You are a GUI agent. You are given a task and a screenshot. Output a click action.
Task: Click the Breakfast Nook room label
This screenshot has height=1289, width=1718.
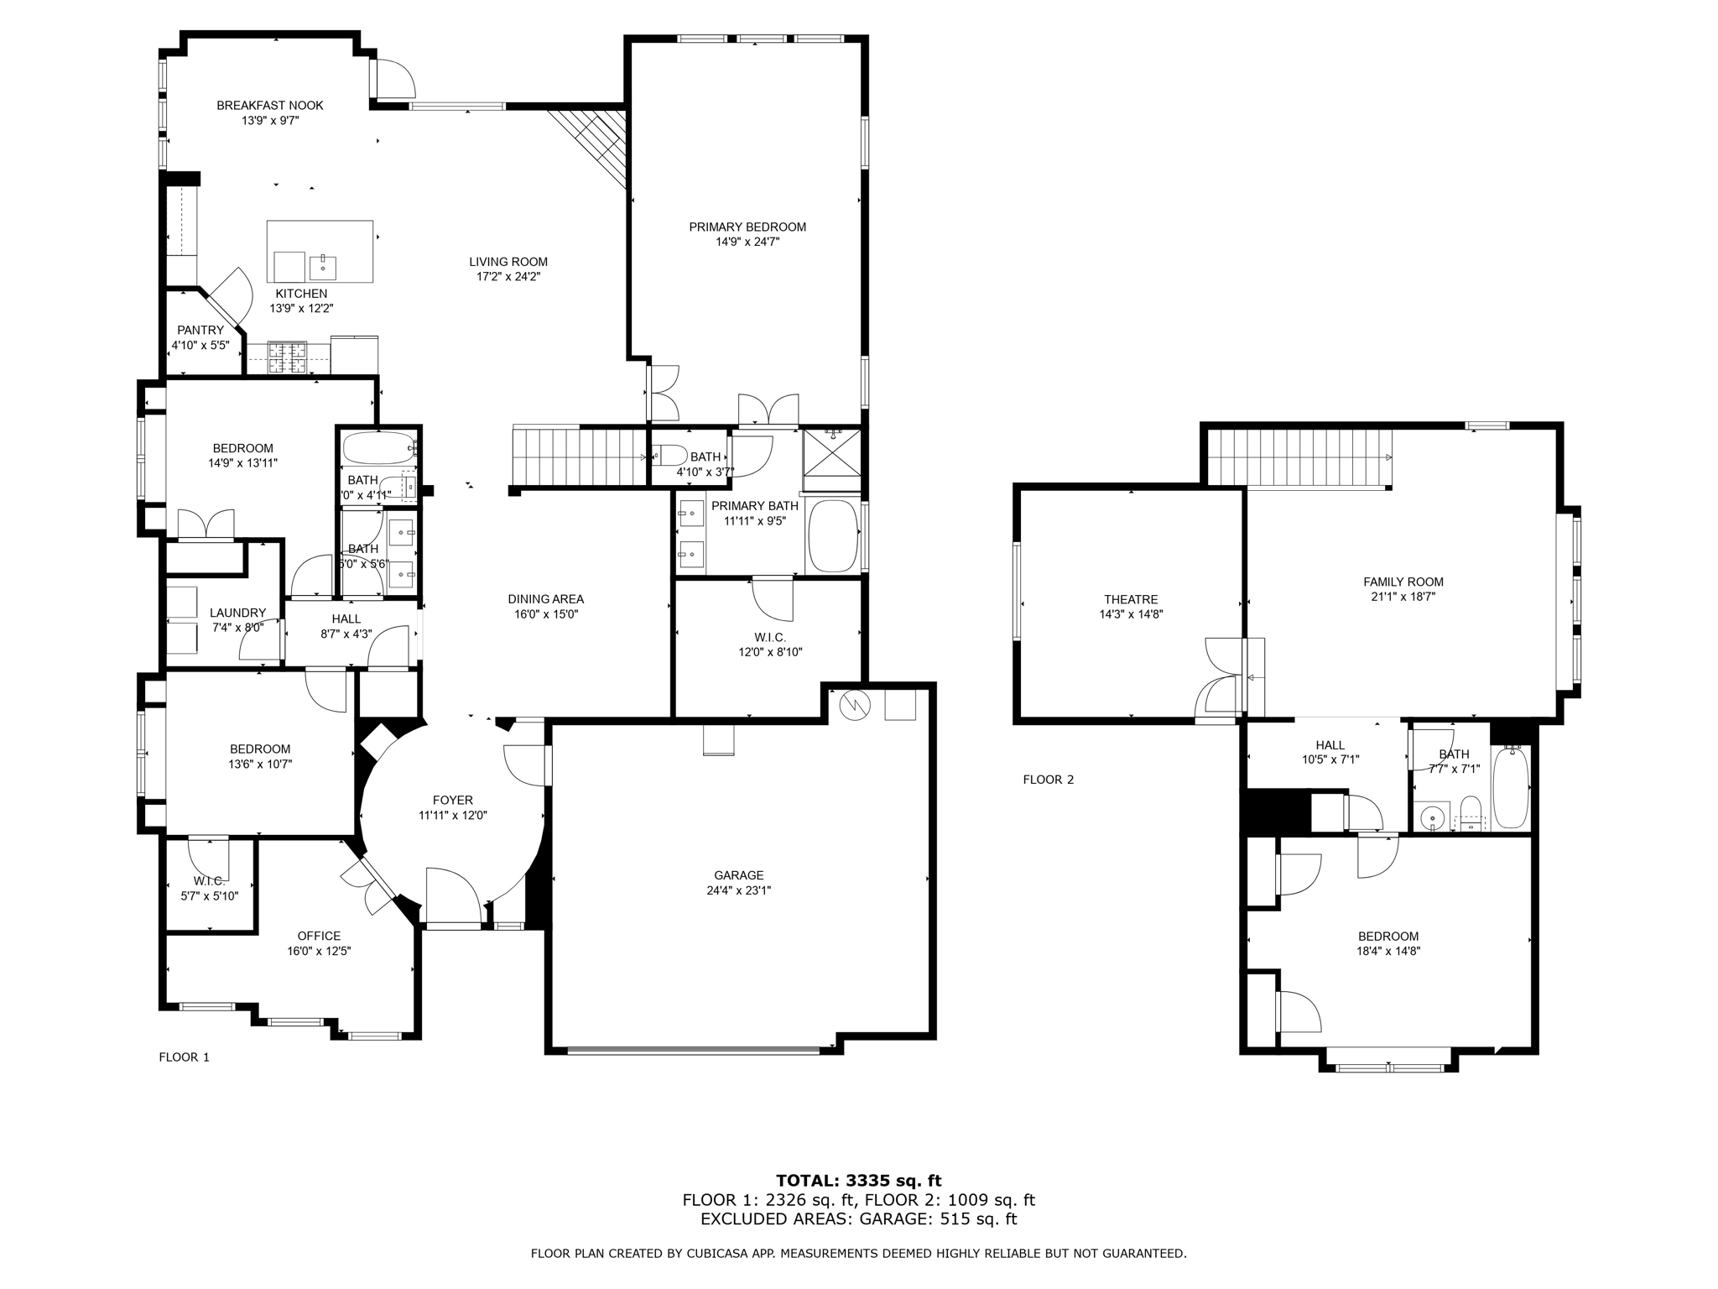click(x=269, y=106)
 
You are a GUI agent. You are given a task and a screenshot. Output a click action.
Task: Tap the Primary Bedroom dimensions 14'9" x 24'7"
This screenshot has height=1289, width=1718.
click(x=747, y=242)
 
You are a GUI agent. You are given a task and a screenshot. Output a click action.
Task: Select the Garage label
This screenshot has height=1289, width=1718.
click(x=738, y=875)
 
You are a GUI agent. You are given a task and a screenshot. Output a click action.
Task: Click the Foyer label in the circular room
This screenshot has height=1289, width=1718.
click(x=452, y=801)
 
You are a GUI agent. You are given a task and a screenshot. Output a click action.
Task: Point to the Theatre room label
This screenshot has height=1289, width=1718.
click(x=1130, y=599)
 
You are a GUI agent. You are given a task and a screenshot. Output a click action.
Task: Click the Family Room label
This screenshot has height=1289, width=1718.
click(x=1403, y=582)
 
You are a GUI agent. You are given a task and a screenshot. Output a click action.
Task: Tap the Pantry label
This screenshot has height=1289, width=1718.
click(x=200, y=330)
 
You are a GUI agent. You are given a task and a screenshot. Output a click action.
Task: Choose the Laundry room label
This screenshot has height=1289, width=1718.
click(x=237, y=613)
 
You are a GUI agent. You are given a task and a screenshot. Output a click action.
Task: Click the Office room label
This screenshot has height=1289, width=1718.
click(x=319, y=936)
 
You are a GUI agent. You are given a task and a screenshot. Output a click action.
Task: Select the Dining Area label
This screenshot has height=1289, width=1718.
click(x=545, y=599)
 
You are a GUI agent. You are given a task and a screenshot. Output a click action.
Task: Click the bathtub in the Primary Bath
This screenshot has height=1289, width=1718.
click(x=832, y=536)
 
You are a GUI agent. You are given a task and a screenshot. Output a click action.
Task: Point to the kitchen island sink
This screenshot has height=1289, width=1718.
click(x=323, y=266)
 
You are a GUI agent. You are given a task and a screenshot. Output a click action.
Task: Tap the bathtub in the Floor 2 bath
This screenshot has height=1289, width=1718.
click(x=1511, y=787)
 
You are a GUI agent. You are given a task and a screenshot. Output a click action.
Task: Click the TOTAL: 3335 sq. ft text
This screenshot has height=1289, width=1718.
click(x=858, y=1181)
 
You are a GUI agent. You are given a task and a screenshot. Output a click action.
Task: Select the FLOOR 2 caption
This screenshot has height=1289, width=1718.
click(x=1048, y=780)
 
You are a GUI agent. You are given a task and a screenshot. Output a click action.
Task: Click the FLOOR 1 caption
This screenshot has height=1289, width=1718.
click(x=184, y=1057)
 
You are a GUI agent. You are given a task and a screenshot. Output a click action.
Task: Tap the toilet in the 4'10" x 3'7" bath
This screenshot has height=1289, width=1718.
click(x=669, y=456)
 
